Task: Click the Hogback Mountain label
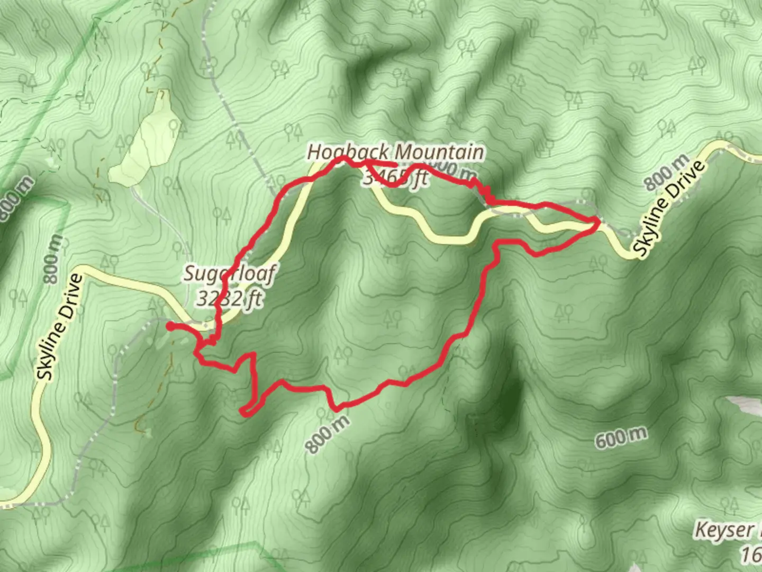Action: point(395,153)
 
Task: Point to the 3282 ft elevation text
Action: point(230,298)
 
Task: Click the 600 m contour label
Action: point(621,437)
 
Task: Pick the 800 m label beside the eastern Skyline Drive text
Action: point(667,172)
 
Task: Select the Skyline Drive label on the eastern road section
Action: point(670,209)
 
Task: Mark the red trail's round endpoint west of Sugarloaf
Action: point(170,326)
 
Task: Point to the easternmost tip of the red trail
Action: point(598,222)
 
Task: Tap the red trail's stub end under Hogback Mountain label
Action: point(395,165)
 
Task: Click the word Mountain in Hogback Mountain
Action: point(439,153)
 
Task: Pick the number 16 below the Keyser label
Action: point(750,555)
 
